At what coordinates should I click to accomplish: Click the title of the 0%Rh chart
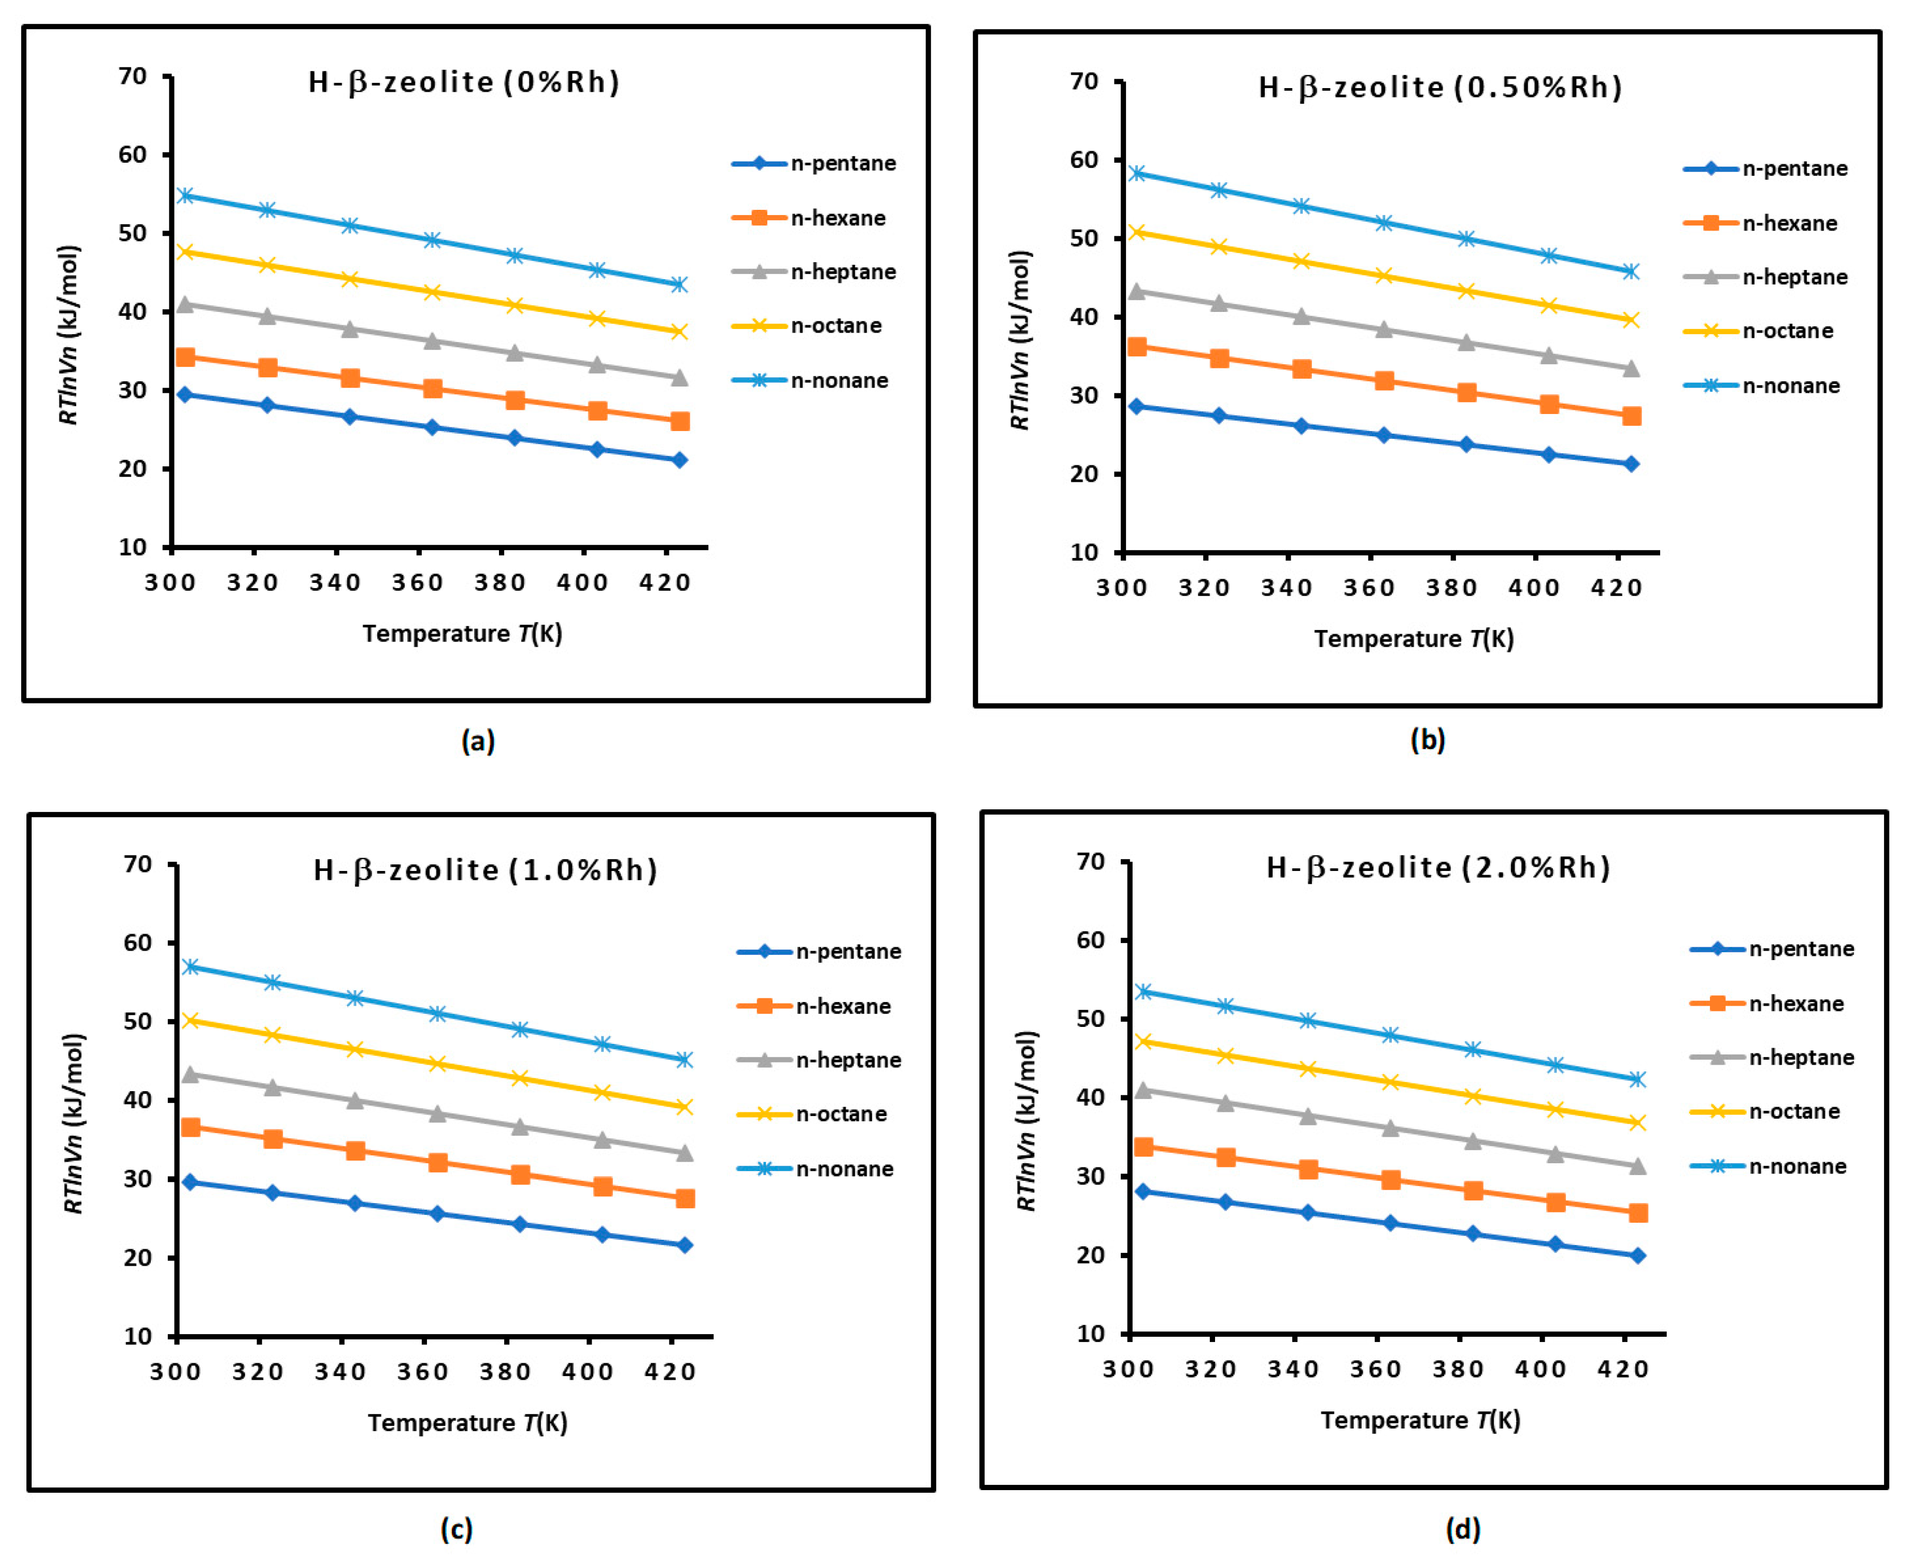(x=464, y=82)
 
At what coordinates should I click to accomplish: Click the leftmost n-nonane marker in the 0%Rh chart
(x=185, y=196)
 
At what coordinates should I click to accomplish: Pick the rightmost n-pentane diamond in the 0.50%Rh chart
(x=1631, y=464)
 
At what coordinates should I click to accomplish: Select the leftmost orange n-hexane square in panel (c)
(x=190, y=1127)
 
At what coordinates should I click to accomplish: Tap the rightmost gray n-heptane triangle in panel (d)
(x=1637, y=1167)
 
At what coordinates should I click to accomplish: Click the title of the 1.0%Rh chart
(x=486, y=870)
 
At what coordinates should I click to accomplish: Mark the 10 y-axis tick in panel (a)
(x=133, y=548)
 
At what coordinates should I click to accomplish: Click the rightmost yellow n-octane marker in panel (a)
(x=679, y=332)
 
